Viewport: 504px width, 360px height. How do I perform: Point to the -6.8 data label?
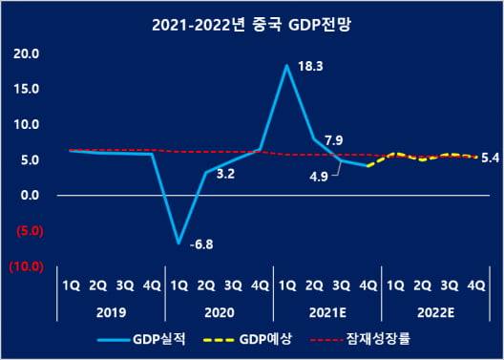pyautogui.click(x=201, y=245)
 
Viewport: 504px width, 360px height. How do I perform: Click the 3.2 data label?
pyautogui.click(x=227, y=176)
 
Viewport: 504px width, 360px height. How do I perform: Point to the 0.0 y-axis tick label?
pyautogui.click(x=29, y=195)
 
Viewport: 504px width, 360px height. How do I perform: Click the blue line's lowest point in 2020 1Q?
pyautogui.click(x=178, y=243)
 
